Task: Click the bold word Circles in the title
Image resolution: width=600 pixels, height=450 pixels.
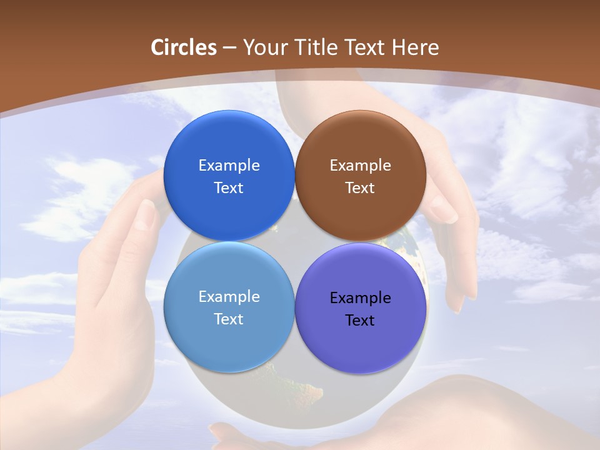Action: pos(184,47)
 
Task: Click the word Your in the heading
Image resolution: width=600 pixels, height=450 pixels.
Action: pos(265,47)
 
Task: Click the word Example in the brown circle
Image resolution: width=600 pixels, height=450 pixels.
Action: pos(361,166)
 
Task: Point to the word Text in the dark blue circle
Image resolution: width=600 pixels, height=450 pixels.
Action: pos(229,188)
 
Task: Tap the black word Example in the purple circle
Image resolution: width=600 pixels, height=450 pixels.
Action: pos(361,298)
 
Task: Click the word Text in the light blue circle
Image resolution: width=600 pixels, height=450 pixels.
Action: pos(229,319)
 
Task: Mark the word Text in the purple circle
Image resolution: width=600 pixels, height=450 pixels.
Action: pos(361,321)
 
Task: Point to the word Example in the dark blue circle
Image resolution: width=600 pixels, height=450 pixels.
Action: pos(229,166)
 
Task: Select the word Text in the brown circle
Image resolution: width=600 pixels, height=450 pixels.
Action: pos(361,188)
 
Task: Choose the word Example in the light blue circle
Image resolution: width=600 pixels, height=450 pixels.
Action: pos(229,297)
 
